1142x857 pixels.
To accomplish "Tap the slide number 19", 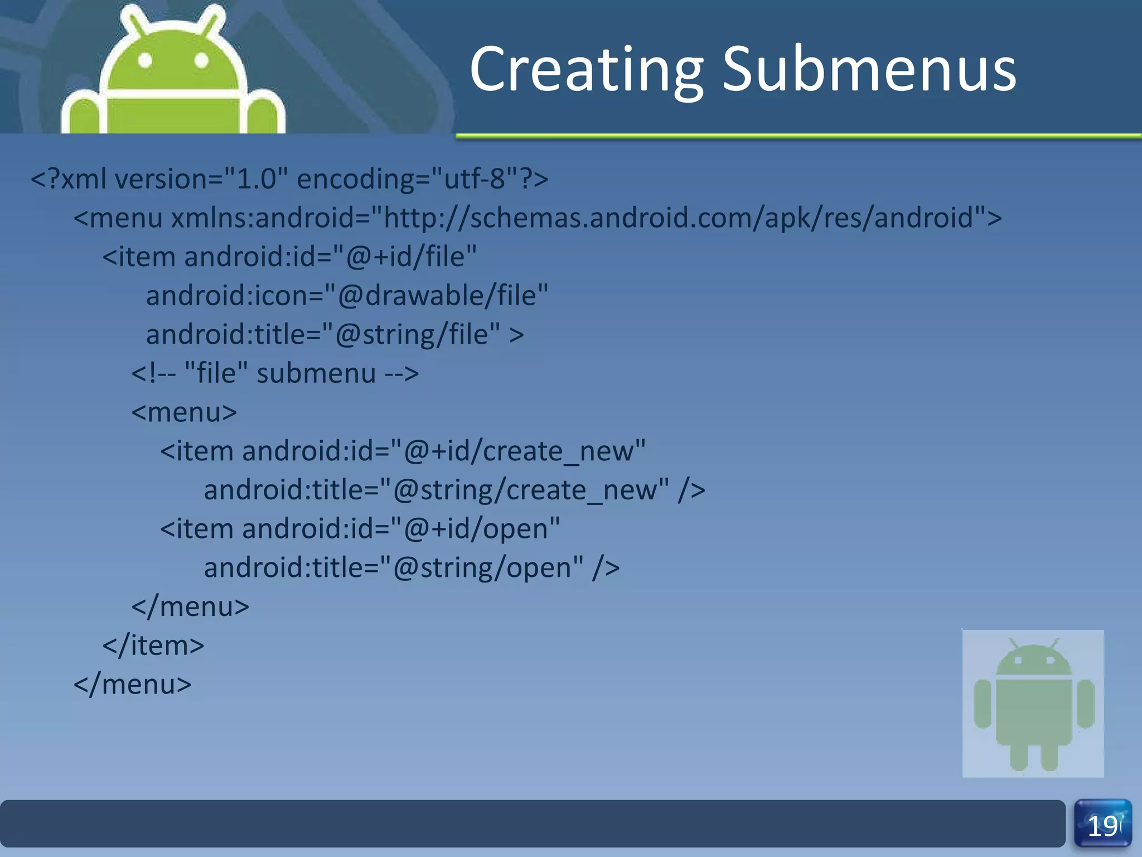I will coord(1102,825).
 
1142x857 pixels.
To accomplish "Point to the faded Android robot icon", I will coord(1033,703).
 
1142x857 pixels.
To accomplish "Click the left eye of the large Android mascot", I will coord(145,60).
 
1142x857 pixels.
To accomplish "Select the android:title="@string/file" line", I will coord(335,335).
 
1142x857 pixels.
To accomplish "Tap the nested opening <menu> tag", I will coord(184,412).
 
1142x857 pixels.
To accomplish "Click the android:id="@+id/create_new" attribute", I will coord(443,451).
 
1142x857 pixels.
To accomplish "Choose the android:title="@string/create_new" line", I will coord(454,490).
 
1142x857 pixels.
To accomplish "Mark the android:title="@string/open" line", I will coord(412,568).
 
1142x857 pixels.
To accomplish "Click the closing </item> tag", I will coord(153,646).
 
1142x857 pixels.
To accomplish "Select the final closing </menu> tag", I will coord(133,685).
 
